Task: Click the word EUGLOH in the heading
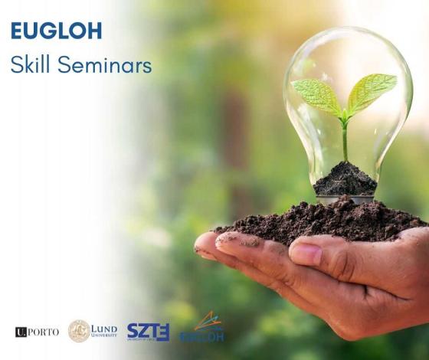coord(56,31)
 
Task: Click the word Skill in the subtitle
coord(28,64)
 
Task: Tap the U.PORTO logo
coord(37,332)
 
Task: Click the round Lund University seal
coord(79,331)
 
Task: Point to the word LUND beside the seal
coord(104,328)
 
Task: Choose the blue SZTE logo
coord(148,332)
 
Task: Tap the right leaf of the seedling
coord(372,90)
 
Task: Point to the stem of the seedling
coord(345,142)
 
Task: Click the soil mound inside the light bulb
coord(345,178)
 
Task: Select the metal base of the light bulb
coord(344,198)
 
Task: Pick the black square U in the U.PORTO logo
coord(21,332)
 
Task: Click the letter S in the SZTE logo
coord(133,332)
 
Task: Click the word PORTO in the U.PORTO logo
coord(44,332)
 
